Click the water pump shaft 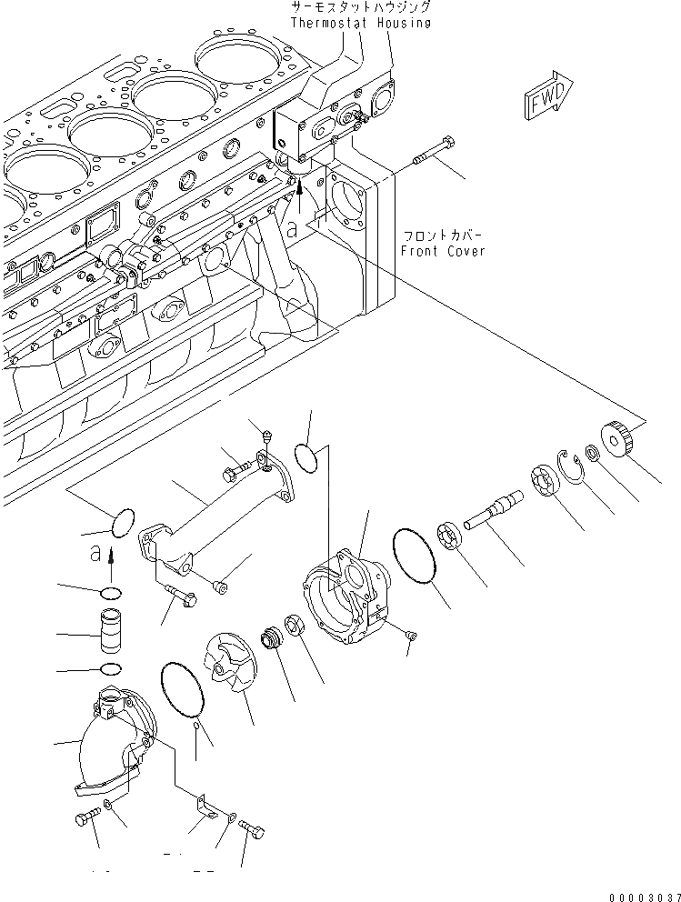pyautogui.click(x=494, y=509)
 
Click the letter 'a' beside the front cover pyautogui.click(x=292, y=231)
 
